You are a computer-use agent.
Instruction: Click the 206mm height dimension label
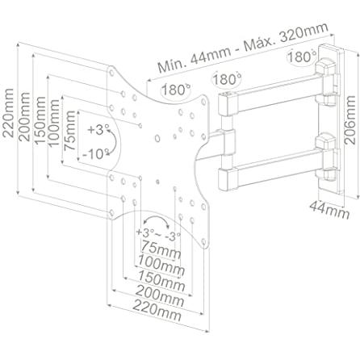click(x=350, y=120)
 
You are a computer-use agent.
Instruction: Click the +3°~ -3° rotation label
click(x=158, y=234)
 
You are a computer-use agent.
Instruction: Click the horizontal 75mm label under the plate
click(x=161, y=249)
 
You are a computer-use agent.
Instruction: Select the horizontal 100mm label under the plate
click(x=161, y=265)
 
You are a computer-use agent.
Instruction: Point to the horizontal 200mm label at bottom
click(x=159, y=295)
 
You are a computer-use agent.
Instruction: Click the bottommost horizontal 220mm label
click(x=157, y=310)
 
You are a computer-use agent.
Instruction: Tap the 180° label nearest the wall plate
click(x=302, y=57)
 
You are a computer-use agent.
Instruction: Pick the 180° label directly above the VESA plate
click(x=175, y=90)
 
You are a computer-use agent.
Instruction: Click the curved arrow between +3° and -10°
click(x=114, y=141)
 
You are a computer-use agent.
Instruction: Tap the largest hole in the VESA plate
click(x=157, y=139)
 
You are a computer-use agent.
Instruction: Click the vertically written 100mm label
click(x=53, y=123)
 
